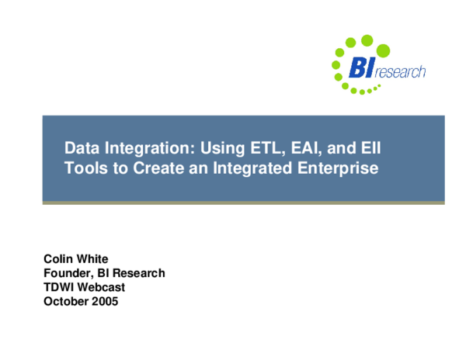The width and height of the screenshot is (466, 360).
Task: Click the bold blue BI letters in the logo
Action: click(x=362, y=68)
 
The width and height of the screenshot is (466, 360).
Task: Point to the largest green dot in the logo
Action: click(x=367, y=40)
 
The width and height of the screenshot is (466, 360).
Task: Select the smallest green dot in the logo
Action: click(x=379, y=86)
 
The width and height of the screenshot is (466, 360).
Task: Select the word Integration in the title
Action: click(x=146, y=147)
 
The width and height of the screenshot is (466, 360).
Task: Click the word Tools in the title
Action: click(x=82, y=167)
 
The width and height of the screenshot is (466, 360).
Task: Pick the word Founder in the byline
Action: click(x=68, y=273)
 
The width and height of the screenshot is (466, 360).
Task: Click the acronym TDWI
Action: click(x=60, y=287)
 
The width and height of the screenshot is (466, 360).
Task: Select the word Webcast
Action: click(x=103, y=287)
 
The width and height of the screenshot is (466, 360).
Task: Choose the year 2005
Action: click(x=106, y=301)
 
